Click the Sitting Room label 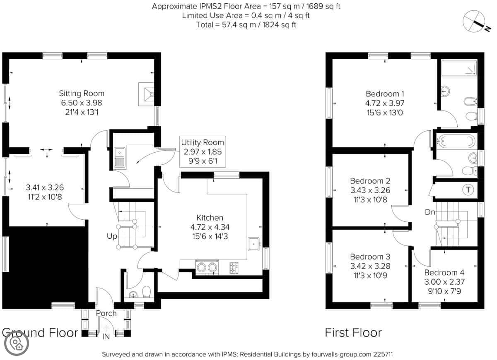pyautogui.click(x=82, y=94)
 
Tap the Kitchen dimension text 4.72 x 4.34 pyautogui.click(x=210, y=227)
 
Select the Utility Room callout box pyautogui.click(x=203, y=151)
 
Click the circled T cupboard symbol pyautogui.click(x=468, y=190)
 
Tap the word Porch pyautogui.click(x=106, y=313)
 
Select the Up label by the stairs pyautogui.click(x=112, y=236)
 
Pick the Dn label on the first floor pyautogui.click(x=430, y=212)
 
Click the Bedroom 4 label pyautogui.click(x=444, y=272)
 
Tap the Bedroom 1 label pyautogui.click(x=385, y=94)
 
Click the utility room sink pyautogui.click(x=120, y=158)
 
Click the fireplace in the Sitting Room pyautogui.click(x=146, y=94)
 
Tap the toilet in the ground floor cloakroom pyautogui.click(x=146, y=292)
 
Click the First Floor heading pyautogui.click(x=353, y=333)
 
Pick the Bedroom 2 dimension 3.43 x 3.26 pyautogui.click(x=370, y=190)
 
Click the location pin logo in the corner pyautogui.click(x=17, y=343)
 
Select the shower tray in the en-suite pyautogui.click(x=459, y=68)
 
